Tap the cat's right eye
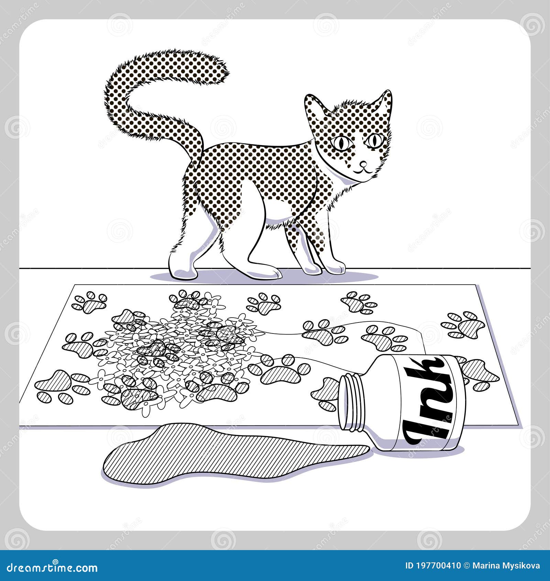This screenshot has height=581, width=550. pos(374,140)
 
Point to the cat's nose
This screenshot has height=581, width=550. pos(363,163)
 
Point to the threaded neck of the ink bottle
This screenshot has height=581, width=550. pos(352,402)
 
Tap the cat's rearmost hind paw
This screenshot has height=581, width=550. pos(182,268)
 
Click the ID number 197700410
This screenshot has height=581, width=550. pos(438,566)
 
